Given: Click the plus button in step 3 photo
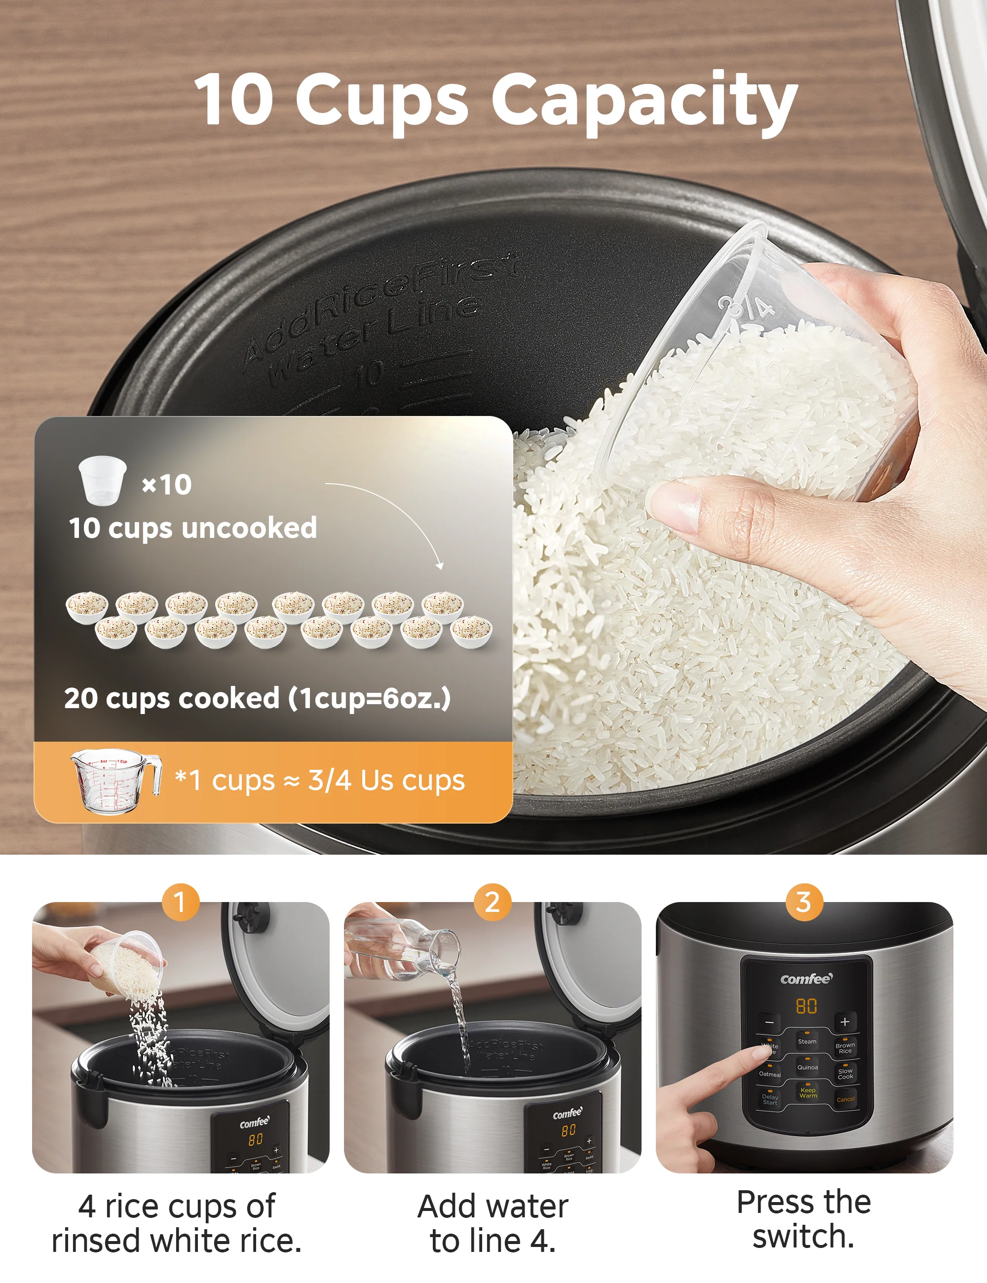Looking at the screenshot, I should pyautogui.click(x=844, y=1021).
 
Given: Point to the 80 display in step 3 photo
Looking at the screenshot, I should pyautogui.click(x=806, y=1006).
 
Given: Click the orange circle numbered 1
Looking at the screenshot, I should pyautogui.click(x=180, y=902).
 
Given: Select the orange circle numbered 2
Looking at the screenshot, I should pyautogui.click(x=493, y=902).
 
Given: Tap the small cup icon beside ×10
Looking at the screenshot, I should pyautogui.click(x=102, y=480).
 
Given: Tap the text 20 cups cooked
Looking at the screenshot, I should pyautogui.click(x=172, y=698).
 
